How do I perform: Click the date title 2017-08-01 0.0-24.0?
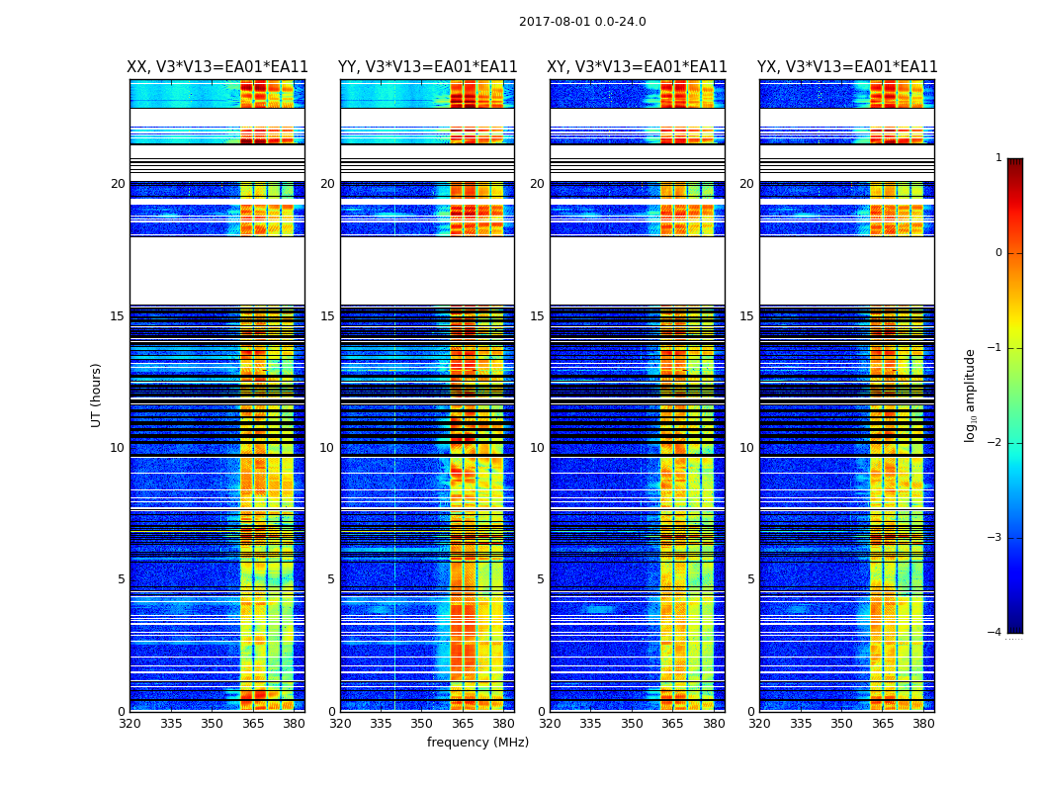coord(582,22)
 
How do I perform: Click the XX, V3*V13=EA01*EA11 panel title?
coord(217,67)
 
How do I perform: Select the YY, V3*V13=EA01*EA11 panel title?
coord(428,67)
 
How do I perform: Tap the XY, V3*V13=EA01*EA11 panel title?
coord(638,67)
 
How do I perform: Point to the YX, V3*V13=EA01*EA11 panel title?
coord(847,67)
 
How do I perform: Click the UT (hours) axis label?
coord(97,395)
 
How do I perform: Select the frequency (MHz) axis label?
coord(477,743)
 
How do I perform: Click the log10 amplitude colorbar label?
coord(971,395)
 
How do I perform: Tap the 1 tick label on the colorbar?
coord(998,158)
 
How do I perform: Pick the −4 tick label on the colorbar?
coord(995,633)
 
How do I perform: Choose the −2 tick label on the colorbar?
coord(995,443)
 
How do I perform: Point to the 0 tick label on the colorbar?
coord(998,253)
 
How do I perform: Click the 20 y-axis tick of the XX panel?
coord(118,184)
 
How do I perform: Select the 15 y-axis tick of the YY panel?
coord(327,316)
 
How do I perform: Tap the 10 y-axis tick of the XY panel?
coord(537,448)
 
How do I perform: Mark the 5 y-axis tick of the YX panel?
coord(750,579)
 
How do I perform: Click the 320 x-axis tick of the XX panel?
coord(130,724)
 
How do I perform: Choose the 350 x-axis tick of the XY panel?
coord(632,724)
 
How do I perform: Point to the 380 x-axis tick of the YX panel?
coord(923,724)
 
